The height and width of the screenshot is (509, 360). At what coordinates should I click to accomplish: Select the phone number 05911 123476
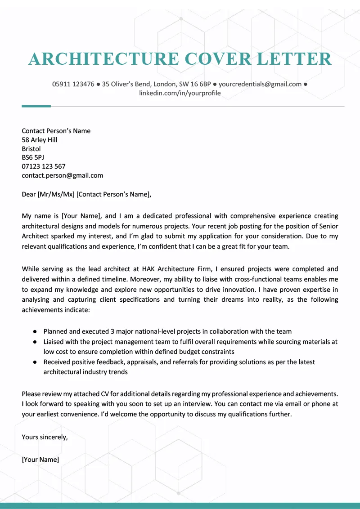point(73,84)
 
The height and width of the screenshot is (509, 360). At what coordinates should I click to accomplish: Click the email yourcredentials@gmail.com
point(260,84)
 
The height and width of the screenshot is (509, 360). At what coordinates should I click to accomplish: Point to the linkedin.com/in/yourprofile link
point(180,94)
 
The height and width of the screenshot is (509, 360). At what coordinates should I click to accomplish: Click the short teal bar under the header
point(36,106)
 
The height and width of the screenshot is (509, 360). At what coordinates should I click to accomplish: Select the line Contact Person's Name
point(56,131)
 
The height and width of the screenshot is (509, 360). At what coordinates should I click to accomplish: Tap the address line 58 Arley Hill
point(39,140)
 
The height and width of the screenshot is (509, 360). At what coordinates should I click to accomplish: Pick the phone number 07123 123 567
point(43,166)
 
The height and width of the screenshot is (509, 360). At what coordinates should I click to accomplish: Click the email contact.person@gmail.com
point(62,175)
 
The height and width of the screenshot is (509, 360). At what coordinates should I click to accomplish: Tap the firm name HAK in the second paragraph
point(150,269)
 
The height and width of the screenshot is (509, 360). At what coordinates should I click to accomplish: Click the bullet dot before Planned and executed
point(35,331)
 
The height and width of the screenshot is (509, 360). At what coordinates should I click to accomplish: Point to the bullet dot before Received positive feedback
point(35,362)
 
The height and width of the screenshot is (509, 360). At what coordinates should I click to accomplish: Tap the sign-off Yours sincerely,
point(45,437)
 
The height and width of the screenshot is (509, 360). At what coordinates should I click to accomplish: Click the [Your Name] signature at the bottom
point(40,460)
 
